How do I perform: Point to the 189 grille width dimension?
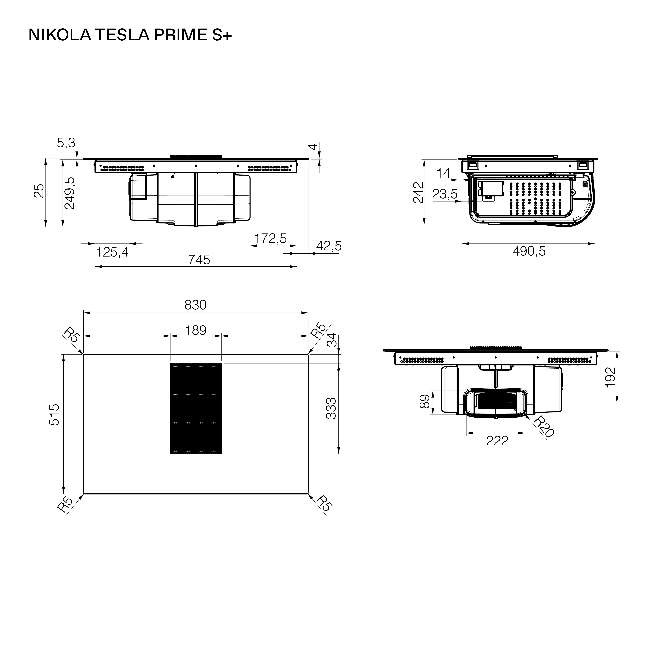[x=196, y=331]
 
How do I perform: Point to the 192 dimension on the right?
[x=610, y=377]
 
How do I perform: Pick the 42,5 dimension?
[x=329, y=246]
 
